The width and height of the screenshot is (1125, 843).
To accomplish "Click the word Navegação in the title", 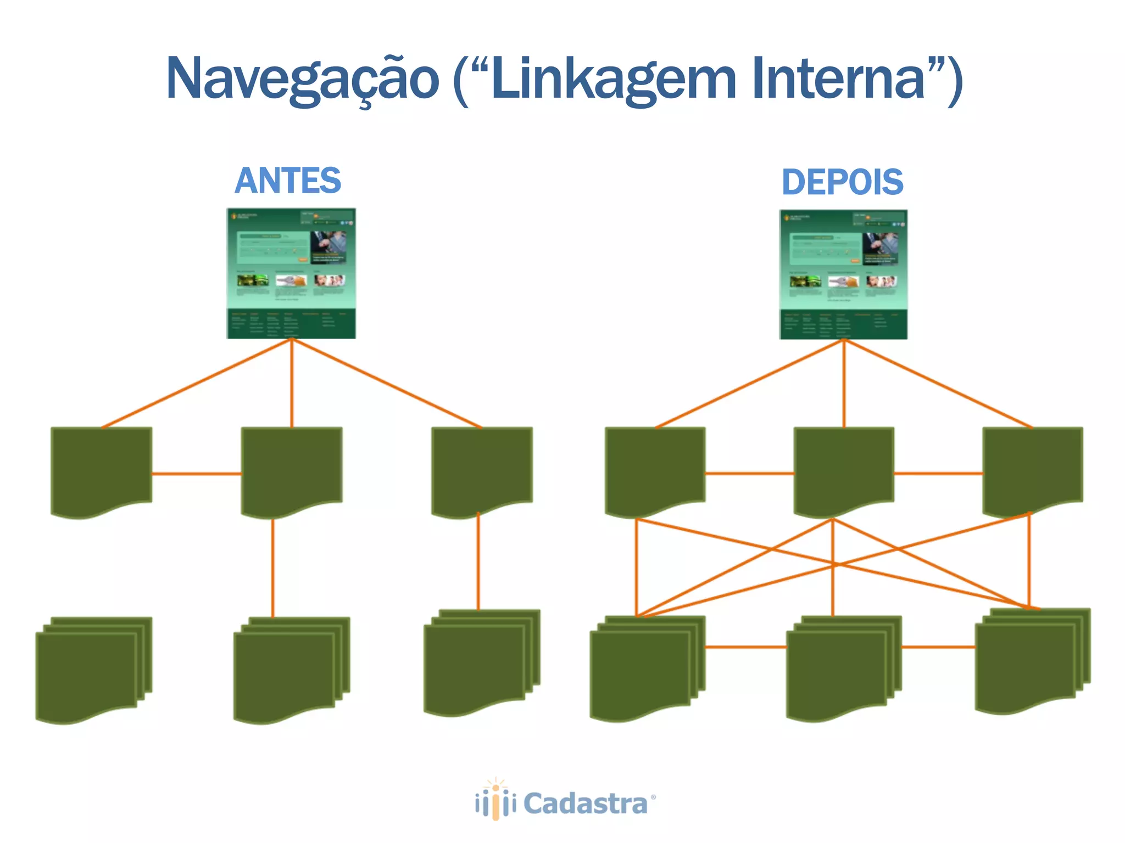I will point(302,80).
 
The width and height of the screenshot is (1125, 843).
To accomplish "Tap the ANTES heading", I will point(288,181).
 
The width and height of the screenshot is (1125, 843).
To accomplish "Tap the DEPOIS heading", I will point(842,182).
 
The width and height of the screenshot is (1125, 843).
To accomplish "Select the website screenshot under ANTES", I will point(291,273).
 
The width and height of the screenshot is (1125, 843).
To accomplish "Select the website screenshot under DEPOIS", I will point(843,274).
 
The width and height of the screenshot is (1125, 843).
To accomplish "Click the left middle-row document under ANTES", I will point(101,469).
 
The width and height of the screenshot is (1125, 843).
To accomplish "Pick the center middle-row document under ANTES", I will point(292,469).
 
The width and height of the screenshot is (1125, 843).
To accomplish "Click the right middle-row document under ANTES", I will point(482,469).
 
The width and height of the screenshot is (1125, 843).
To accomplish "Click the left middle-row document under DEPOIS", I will point(655,469).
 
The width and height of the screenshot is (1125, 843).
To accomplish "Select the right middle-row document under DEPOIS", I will point(1033,469).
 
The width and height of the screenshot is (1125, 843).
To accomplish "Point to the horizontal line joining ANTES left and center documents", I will point(197,474).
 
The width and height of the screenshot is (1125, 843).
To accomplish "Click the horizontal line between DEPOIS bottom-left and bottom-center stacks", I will point(745,647).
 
